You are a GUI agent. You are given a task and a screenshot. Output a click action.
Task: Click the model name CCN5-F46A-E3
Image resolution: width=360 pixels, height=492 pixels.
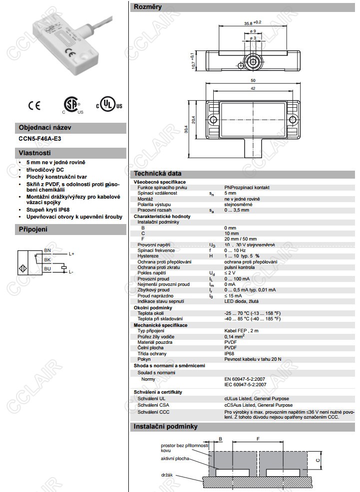40,138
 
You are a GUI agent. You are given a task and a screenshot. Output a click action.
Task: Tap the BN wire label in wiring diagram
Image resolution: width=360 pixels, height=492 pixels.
47,249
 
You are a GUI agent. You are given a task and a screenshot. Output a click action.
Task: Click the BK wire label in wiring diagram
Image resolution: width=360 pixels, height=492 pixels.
47,260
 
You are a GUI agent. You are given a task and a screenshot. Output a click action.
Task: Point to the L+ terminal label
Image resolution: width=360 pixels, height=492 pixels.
71,254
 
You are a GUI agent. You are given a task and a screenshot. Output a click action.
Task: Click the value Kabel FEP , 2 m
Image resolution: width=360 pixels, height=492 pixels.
241,330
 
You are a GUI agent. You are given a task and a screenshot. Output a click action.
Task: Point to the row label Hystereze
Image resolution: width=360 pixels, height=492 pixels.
149,255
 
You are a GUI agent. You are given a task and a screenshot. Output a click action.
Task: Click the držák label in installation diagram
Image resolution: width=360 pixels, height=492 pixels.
167,475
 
